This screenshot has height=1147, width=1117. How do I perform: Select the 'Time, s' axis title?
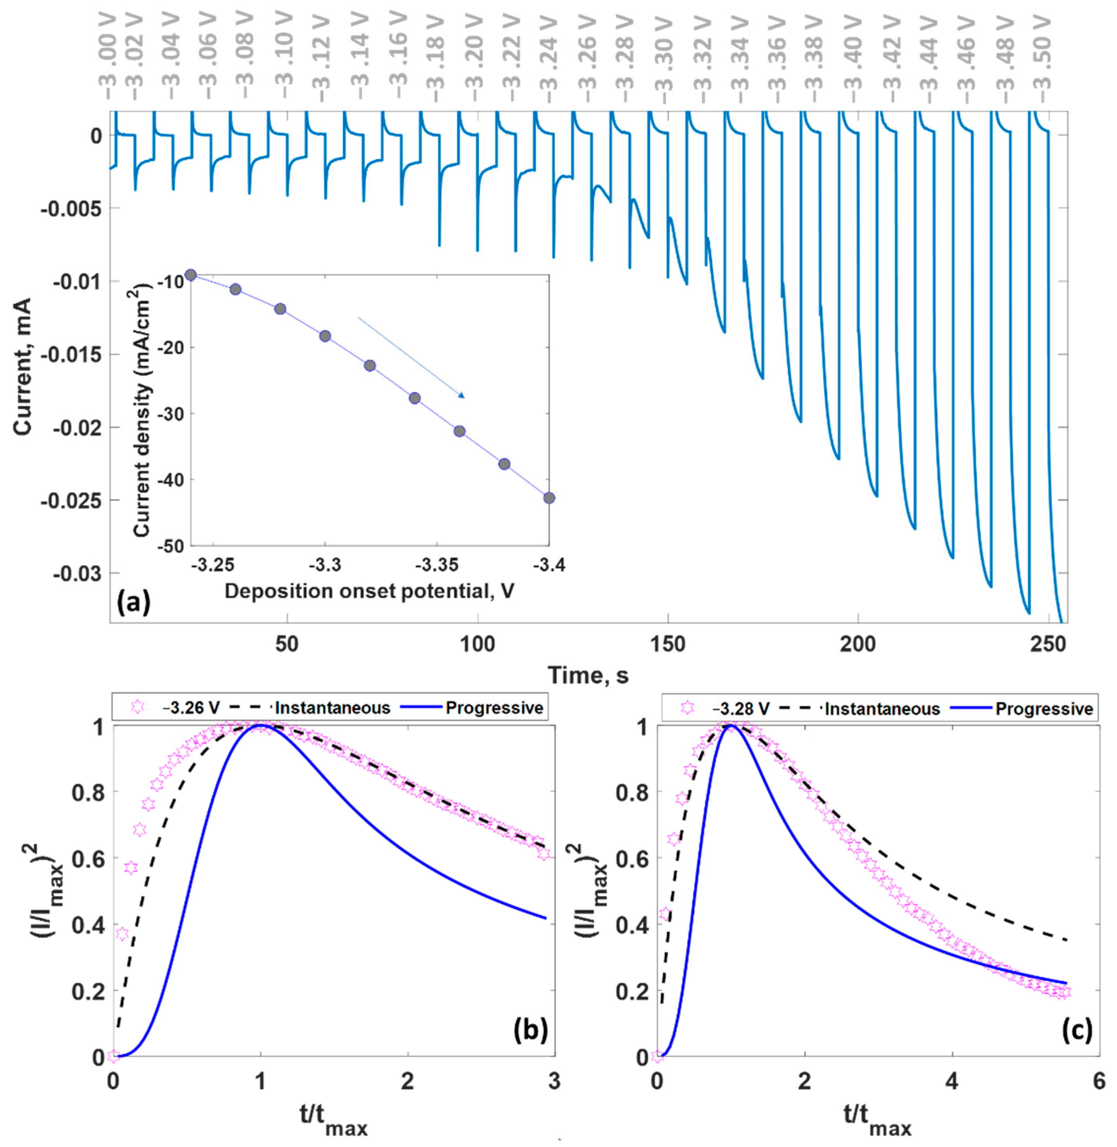tap(588, 676)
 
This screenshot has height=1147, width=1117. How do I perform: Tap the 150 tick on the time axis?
tap(668, 644)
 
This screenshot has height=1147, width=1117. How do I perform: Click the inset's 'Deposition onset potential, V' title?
tap(370, 591)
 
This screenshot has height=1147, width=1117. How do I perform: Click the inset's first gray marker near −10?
tap(190, 274)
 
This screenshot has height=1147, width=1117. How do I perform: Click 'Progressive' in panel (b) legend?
tap(494, 708)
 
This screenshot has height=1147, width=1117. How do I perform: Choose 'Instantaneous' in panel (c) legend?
tap(882, 709)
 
